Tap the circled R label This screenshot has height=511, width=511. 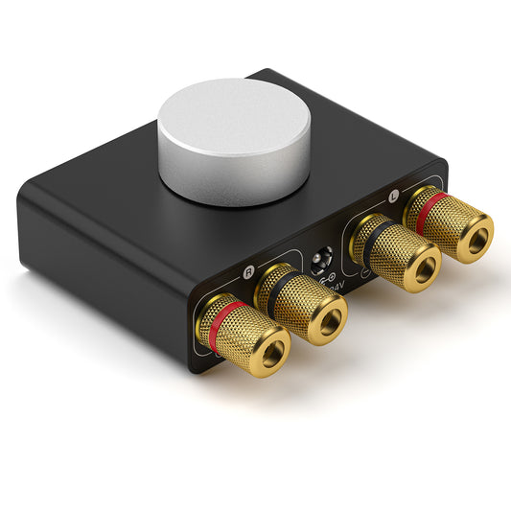[x=250, y=271]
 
